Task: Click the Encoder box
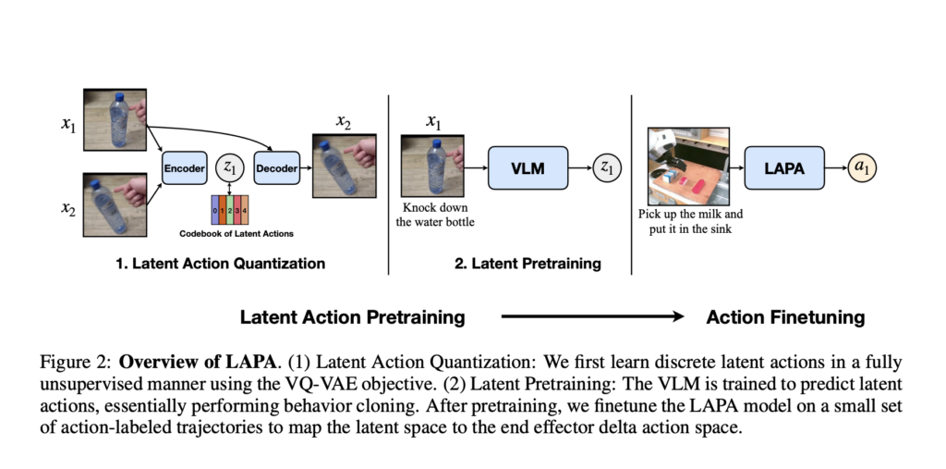pos(184,168)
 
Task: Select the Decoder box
pos(276,168)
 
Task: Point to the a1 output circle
pos(865,168)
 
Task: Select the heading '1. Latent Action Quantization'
pos(220,264)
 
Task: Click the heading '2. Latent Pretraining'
pos(528,264)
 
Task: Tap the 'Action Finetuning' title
pos(785,317)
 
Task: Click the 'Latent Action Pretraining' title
pos(352,317)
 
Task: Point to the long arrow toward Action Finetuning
pos(591,317)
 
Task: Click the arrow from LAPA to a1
pos(835,168)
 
